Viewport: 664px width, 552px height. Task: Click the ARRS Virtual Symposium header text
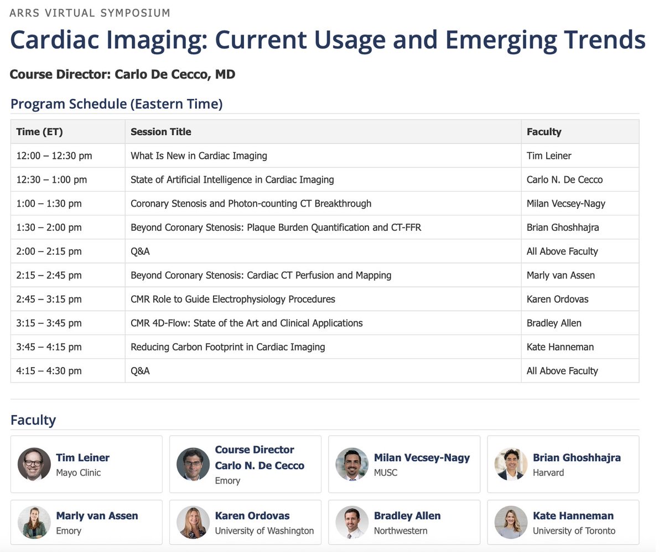90,13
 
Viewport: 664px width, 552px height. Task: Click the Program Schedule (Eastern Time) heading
116,104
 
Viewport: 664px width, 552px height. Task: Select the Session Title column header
160,132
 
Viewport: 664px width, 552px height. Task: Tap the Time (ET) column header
39,132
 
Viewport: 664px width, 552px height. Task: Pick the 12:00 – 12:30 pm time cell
54,156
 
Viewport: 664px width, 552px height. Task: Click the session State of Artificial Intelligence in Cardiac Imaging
232,179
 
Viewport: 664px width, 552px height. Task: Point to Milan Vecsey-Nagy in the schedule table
566,203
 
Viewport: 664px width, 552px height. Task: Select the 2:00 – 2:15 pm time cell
49,251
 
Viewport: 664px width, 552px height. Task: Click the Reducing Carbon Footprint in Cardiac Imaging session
227,347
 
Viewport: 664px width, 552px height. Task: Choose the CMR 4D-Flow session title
246,323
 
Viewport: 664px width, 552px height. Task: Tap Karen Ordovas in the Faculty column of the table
557,299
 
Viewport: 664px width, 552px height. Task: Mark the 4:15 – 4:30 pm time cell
49,371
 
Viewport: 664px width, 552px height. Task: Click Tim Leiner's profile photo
34,464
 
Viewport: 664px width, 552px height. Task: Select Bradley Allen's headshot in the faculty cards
352,522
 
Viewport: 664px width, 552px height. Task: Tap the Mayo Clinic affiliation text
78,473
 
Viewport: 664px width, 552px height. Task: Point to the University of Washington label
264,531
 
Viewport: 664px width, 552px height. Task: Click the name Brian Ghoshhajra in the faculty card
577,458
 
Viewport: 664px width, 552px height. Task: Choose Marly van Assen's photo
34,522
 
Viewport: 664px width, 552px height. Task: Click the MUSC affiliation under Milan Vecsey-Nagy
385,473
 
